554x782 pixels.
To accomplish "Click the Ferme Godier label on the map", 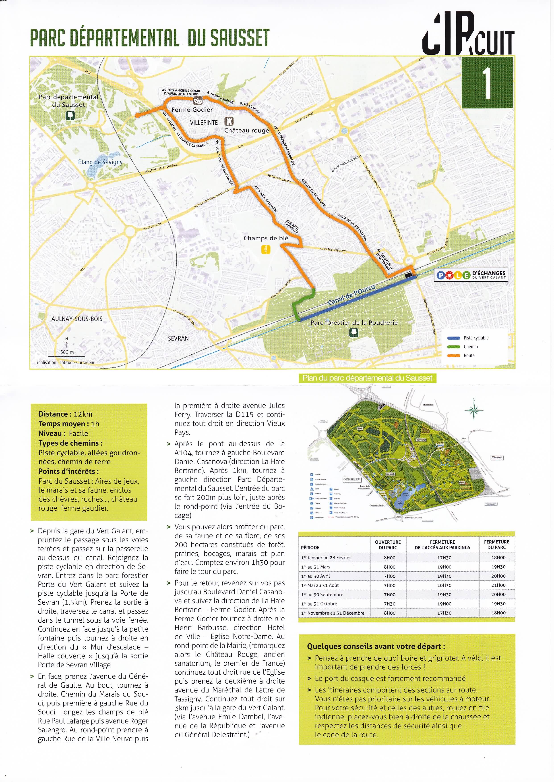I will tap(192, 110).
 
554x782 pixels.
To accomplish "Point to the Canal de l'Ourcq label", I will tap(351, 295).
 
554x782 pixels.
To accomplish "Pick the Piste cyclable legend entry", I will tap(475, 338).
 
